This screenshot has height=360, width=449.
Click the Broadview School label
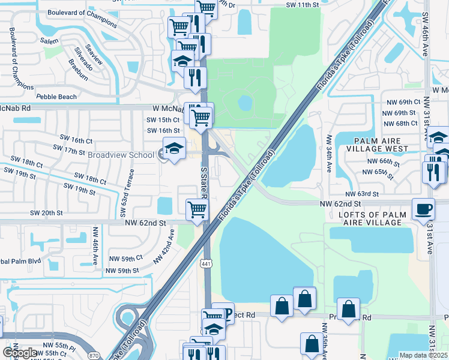pos(121,155)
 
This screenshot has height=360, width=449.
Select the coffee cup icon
pos(424,210)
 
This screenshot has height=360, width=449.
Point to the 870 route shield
pos(93,338)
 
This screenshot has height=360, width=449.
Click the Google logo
pos(20,353)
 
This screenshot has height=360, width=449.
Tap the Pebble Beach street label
pos(56,97)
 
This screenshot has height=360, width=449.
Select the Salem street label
pos(50,40)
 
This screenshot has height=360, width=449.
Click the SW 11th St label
pos(303,5)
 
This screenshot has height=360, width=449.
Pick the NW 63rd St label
pos(362,194)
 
